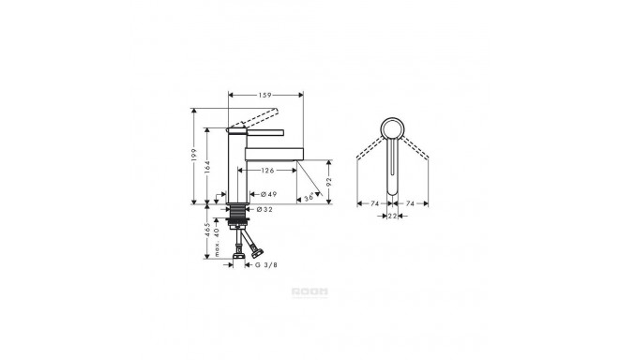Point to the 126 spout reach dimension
[x=267, y=171]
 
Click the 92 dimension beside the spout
[x=330, y=182]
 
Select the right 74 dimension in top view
[x=411, y=202]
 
